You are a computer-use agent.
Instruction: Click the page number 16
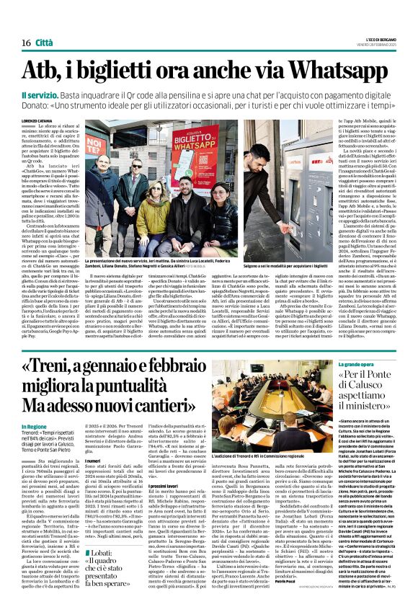click(25, 43)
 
